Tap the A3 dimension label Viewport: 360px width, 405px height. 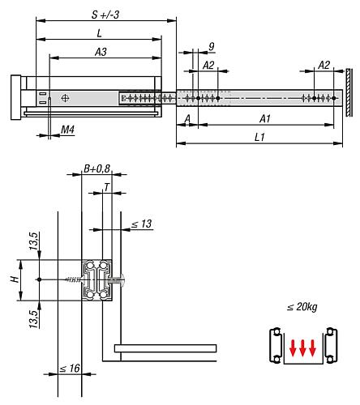[102, 51]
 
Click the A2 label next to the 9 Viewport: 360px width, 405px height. [208, 65]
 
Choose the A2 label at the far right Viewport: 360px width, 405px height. [324, 65]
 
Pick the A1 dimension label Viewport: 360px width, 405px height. [264, 118]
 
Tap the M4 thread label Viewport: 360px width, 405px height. [68, 128]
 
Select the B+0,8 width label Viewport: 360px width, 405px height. [95, 168]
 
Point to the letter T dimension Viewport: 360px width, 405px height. [107, 187]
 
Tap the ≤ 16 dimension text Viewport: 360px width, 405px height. [69, 369]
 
